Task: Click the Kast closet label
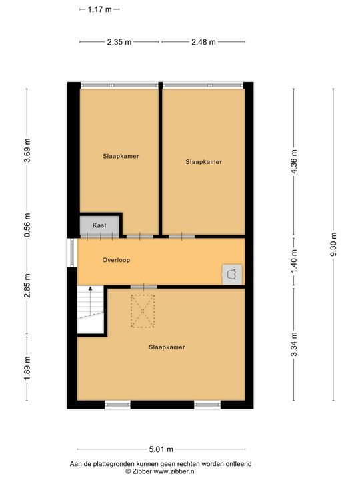click(100, 226)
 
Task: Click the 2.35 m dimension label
click(119, 41)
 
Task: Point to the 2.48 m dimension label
click(203, 41)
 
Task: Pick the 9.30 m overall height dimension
click(333, 245)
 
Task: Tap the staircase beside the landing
click(91, 309)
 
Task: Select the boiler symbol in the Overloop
click(231, 273)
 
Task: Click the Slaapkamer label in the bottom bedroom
click(166, 347)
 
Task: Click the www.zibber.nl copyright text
click(160, 471)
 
